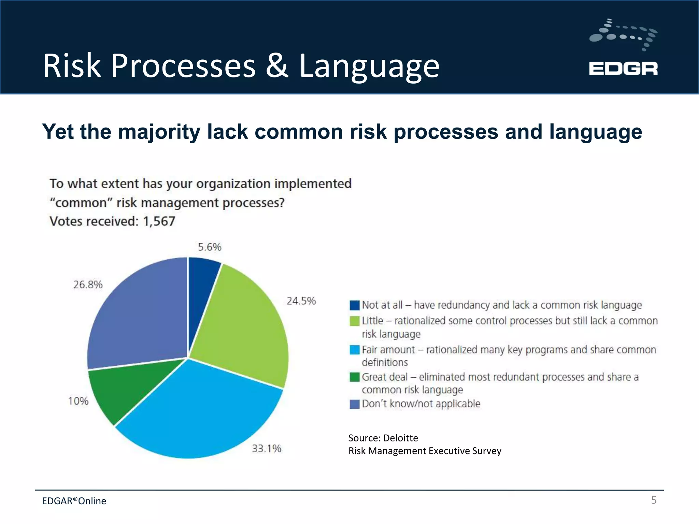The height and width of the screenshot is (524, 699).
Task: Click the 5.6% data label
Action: click(x=210, y=247)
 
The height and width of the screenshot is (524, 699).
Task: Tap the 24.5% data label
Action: click(x=301, y=301)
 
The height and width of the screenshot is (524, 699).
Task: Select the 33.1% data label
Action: click(x=267, y=448)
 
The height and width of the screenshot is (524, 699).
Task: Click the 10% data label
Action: click(x=78, y=401)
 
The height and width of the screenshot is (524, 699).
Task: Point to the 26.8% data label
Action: click(x=88, y=285)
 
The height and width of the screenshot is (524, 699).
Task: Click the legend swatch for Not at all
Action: click(x=355, y=305)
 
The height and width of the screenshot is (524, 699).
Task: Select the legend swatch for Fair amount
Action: click(x=355, y=350)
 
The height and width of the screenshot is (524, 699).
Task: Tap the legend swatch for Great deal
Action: click(x=355, y=377)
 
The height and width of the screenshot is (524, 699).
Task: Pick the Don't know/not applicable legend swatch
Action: click(x=355, y=404)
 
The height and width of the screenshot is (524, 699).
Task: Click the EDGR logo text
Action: click(x=623, y=69)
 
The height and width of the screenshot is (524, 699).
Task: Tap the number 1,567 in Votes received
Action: click(x=159, y=221)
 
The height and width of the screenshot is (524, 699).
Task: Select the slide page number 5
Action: click(x=654, y=500)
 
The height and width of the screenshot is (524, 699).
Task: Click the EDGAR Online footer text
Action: click(x=74, y=501)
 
